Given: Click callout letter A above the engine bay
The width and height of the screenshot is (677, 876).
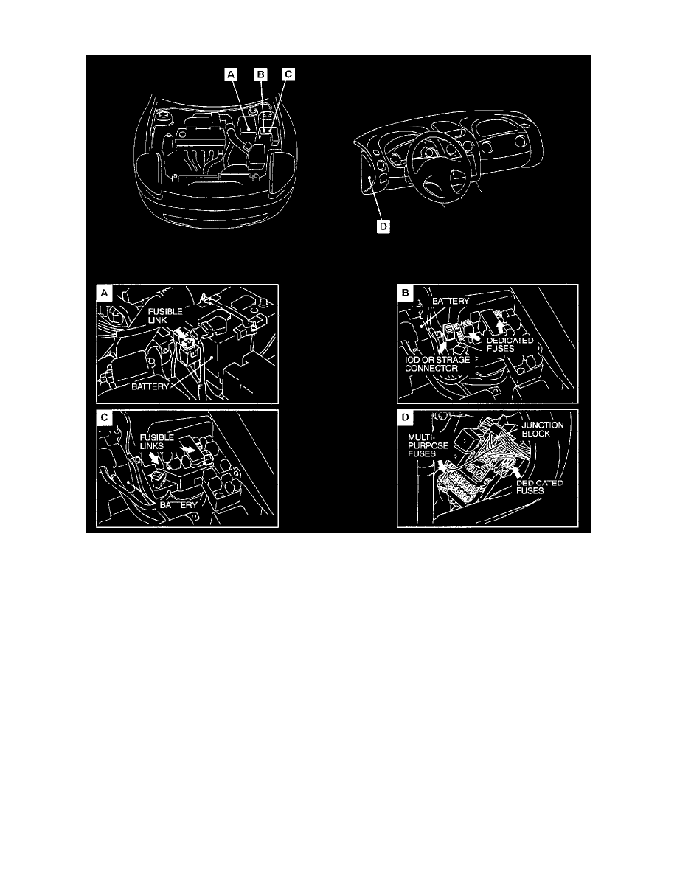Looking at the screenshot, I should pyautogui.click(x=232, y=74).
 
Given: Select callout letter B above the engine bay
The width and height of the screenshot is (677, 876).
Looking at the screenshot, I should pyautogui.click(x=260, y=74).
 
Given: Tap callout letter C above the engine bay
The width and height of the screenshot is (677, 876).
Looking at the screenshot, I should pyautogui.click(x=288, y=74).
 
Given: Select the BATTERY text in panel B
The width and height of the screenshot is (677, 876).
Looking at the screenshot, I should pyautogui.click(x=451, y=302).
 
